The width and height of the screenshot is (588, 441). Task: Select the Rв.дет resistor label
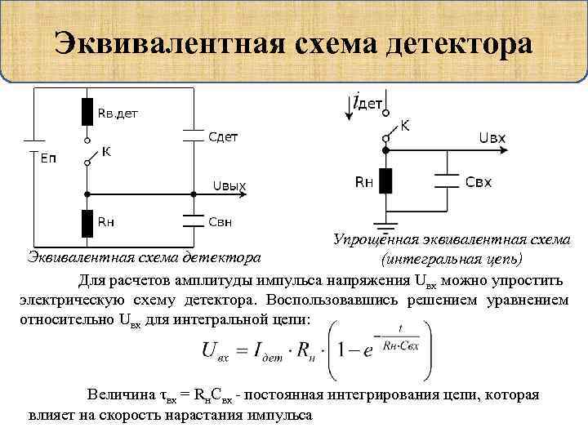coord(118,114)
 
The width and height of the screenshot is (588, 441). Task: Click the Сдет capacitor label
coord(220,136)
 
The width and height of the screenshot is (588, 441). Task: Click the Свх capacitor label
coord(478,181)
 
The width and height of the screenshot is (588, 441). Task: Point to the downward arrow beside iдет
coord(350,105)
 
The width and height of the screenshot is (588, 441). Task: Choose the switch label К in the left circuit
coord(106,152)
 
